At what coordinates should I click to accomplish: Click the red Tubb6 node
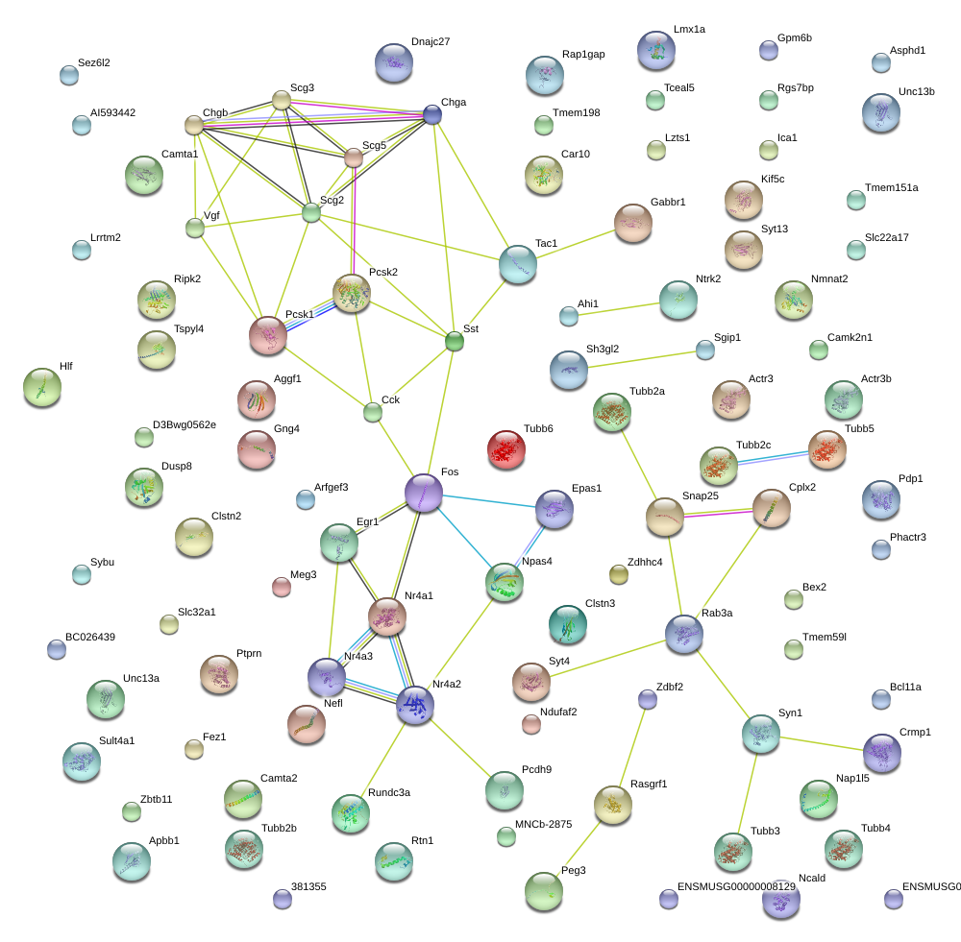[506, 448]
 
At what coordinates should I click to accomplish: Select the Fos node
[424, 493]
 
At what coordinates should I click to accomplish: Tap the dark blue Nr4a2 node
[415, 704]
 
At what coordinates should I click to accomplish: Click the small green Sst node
[455, 340]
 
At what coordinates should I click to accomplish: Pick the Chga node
[433, 115]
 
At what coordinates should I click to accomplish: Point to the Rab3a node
[684, 633]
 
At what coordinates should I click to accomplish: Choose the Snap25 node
[665, 517]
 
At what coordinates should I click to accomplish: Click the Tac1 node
[518, 264]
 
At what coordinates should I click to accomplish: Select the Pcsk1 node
[268, 334]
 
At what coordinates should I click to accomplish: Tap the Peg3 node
[545, 891]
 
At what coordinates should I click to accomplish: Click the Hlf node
[41, 386]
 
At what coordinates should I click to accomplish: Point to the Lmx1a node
[656, 50]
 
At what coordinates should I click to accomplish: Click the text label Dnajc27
[431, 42]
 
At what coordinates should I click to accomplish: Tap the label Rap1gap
[583, 55]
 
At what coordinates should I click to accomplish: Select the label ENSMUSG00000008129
[736, 886]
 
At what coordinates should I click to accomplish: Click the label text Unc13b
[917, 92]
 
